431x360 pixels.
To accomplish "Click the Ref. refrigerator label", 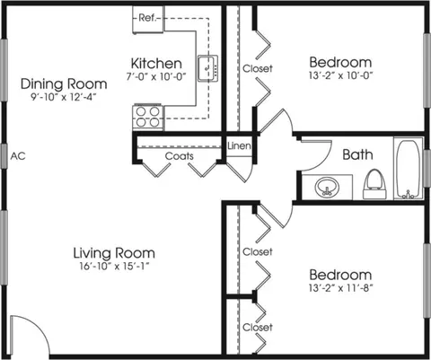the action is (x=147, y=18).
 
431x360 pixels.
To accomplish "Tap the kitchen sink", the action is (x=207, y=68).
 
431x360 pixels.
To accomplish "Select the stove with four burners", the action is (x=148, y=117).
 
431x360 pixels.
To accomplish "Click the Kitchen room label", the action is (x=156, y=64).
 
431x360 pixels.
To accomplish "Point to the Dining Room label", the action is (x=64, y=83).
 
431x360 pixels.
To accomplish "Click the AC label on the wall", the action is (x=18, y=156).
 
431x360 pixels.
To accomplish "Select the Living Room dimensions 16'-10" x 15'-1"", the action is (x=114, y=266).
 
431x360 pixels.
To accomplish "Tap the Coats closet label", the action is (x=180, y=156).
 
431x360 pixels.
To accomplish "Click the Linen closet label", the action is (x=239, y=146).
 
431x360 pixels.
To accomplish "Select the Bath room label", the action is (x=357, y=154).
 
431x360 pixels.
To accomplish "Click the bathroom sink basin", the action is (x=327, y=188).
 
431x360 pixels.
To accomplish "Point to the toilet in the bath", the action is (x=374, y=184).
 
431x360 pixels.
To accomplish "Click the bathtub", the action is (x=409, y=168).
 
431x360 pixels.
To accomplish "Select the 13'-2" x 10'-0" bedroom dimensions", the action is (x=340, y=75).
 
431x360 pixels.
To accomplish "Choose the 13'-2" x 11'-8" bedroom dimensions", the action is (x=340, y=288).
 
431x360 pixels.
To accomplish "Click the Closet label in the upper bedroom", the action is (x=258, y=68).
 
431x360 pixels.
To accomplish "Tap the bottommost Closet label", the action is (x=258, y=327).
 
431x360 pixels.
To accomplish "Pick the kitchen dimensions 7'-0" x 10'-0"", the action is (x=156, y=76).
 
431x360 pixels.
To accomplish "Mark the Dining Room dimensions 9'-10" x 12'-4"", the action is (x=64, y=97).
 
